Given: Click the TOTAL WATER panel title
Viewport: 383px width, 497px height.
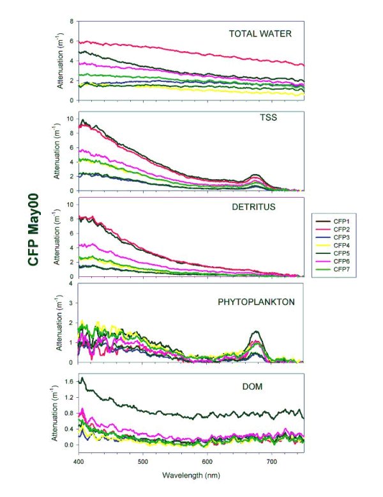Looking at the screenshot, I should tap(260, 33).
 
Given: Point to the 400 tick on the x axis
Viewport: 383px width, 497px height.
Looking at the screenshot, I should tap(79, 461).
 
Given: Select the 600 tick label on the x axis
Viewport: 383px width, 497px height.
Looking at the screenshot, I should tap(207, 461).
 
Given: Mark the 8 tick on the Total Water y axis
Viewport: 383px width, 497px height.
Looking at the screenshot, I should tap(71, 21).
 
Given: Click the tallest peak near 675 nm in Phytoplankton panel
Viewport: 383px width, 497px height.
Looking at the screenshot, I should tap(256, 331).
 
